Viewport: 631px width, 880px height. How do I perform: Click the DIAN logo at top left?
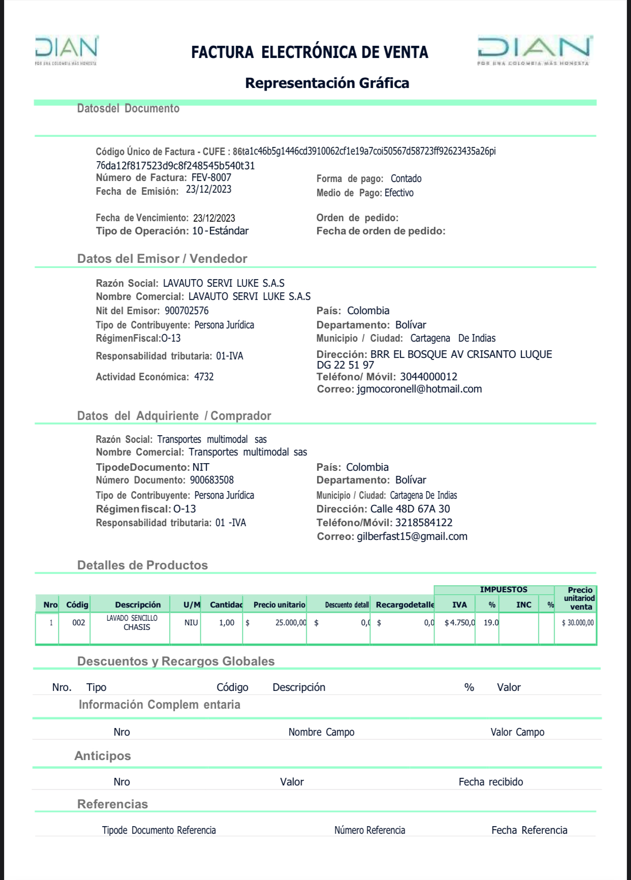(x=66, y=50)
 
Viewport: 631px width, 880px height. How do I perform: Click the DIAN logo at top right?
(x=534, y=50)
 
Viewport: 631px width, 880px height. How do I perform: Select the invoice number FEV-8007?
(x=211, y=177)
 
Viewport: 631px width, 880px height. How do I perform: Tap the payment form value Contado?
(x=406, y=178)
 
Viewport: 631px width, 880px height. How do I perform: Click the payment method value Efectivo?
(x=399, y=193)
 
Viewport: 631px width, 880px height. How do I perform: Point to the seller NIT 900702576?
(x=186, y=311)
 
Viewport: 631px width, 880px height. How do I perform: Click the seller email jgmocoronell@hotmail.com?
(x=419, y=389)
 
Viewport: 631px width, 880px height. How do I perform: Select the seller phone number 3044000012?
(x=428, y=377)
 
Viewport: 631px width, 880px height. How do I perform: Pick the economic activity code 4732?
(x=204, y=377)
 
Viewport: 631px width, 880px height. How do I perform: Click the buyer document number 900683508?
(x=212, y=480)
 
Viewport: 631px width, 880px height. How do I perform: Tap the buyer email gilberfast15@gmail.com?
(x=412, y=536)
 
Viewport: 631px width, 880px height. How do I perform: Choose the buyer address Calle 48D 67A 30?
(x=410, y=509)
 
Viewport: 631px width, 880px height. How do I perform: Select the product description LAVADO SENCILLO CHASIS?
(x=132, y=623)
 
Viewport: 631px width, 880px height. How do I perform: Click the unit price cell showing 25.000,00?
(x=291, y=623)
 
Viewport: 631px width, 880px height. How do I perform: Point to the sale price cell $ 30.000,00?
(x=578, y=623)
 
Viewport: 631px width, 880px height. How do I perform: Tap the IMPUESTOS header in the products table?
(x=503, y=590)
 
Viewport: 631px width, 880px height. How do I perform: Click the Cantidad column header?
(x=226, y=604)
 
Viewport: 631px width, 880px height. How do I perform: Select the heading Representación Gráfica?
(x=327, y=83)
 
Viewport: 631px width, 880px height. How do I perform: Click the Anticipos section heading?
(x=103, y=756)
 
